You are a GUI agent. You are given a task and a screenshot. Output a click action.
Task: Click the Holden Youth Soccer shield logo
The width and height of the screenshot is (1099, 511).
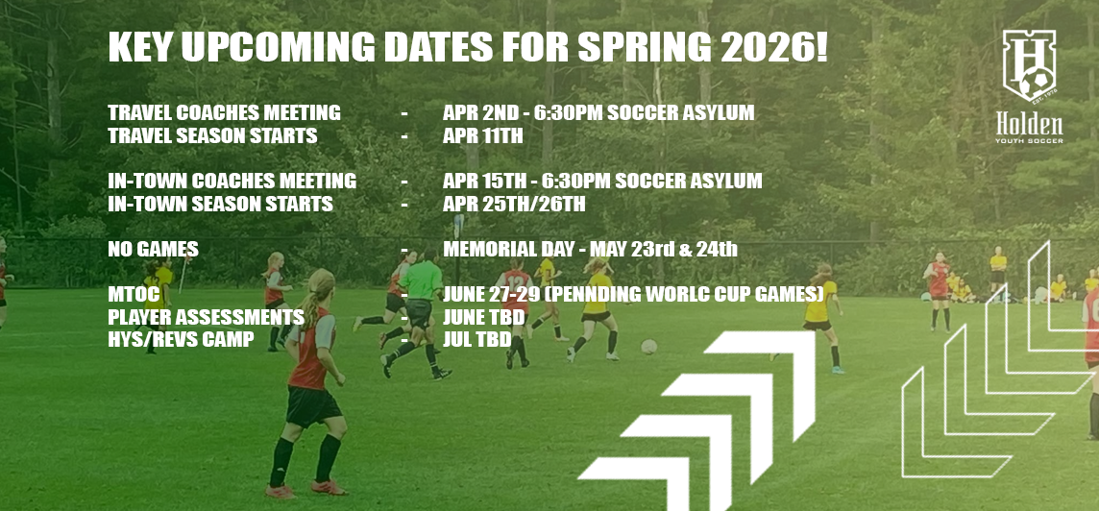tap(1028, 66)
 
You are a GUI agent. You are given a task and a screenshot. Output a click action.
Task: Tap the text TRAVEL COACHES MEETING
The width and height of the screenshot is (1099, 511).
tap(224, 112)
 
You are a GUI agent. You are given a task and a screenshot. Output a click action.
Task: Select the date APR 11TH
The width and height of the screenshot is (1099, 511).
tap(482, 136)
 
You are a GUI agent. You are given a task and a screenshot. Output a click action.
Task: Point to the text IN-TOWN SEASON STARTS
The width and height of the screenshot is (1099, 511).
tap(220, 204)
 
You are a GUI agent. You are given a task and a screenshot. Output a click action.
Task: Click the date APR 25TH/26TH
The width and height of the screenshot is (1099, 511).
tap(514, 204)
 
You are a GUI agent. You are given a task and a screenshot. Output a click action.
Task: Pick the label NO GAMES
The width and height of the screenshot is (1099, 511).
tap(153, 250)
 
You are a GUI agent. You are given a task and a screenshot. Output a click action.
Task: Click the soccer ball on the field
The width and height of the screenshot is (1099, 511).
tap(649, 346)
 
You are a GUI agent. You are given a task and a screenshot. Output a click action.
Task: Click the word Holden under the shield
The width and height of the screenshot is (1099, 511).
tap(1029, 126)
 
